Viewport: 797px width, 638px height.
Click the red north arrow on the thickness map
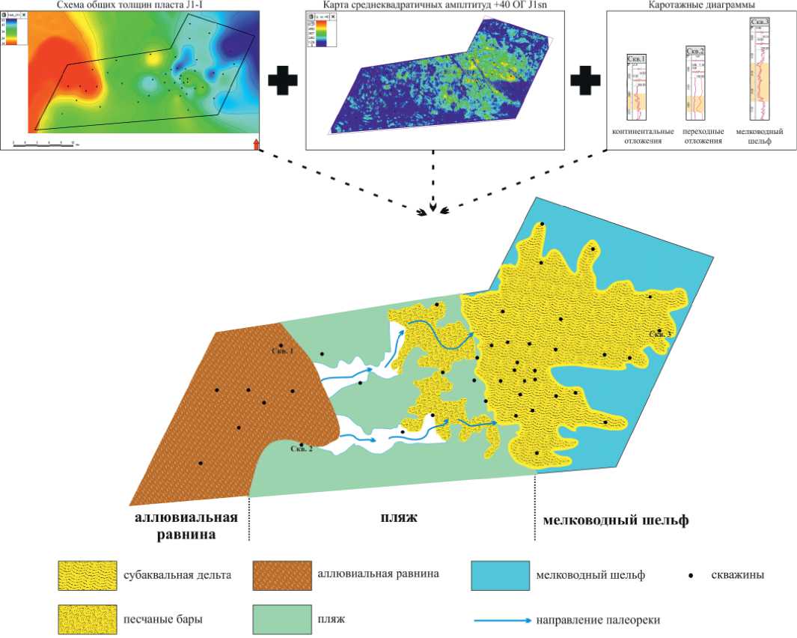pos(256,144)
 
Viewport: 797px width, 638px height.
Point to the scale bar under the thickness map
pos(45,142)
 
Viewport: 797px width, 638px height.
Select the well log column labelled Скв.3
pos(760,67)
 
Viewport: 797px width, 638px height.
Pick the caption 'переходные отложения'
pos(697,136)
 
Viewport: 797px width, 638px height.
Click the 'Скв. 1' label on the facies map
pos(283,350)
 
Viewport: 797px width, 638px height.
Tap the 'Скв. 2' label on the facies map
pos(301,449)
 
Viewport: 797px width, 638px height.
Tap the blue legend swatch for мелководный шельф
pos(500,574)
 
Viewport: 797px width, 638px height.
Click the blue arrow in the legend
pos(502,620)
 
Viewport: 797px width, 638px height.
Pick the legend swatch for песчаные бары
pos(86,619)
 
